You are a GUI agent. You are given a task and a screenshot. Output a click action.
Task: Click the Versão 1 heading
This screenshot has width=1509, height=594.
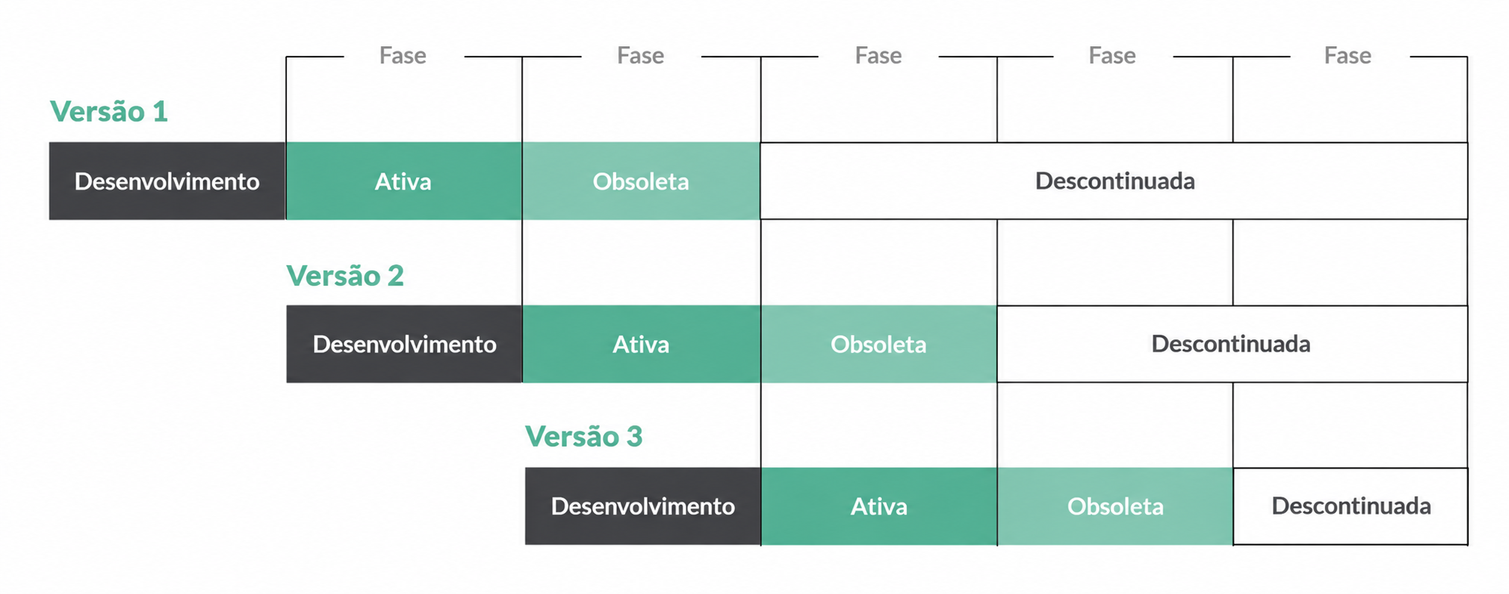109,112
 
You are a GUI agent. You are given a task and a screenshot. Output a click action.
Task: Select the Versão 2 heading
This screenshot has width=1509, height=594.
345,276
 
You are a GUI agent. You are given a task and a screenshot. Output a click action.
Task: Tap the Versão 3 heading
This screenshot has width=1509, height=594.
584,437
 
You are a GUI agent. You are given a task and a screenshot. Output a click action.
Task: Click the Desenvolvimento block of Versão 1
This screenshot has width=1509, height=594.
167,181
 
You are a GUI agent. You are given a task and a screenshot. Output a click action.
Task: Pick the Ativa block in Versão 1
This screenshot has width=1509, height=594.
404,181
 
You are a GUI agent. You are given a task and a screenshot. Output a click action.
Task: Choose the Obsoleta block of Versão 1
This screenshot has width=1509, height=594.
641,181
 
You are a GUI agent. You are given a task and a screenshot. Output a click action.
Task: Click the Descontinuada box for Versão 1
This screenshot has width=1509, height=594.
1114,181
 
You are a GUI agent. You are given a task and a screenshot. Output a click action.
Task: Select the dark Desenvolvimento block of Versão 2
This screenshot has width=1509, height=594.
404,344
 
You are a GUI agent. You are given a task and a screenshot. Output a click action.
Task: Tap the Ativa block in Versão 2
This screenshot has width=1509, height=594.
641,344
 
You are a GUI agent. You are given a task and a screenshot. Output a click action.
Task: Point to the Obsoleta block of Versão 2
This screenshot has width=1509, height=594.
879,344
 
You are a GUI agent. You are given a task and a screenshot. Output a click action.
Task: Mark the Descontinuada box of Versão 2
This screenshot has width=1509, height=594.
1232,344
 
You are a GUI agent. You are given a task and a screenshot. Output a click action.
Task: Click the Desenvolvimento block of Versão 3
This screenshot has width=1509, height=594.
643,506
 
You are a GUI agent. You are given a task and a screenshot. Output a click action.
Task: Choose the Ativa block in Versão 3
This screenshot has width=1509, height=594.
879,506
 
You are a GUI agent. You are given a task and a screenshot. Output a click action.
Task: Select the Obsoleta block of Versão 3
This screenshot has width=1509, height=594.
1115,506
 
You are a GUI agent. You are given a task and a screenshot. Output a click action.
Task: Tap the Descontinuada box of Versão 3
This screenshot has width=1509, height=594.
1350,506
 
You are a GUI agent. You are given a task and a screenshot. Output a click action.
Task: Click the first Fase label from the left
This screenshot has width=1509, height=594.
403,56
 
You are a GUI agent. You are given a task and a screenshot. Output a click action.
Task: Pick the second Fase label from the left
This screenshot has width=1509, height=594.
641,56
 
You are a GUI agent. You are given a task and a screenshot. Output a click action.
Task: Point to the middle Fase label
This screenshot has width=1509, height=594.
879,56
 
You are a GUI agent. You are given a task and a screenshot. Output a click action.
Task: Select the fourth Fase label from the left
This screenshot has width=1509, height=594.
1113,56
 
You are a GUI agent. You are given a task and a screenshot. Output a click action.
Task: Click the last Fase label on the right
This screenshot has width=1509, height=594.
1348,56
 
